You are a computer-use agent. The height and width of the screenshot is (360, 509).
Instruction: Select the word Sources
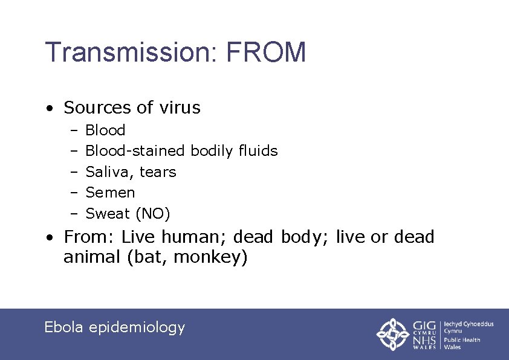tap(97, 108)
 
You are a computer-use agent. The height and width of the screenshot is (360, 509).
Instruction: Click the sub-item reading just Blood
tap(105, 130)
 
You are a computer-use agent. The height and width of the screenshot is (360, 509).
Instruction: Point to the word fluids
tap(258, 151)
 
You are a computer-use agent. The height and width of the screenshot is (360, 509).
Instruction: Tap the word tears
tap(158, 172)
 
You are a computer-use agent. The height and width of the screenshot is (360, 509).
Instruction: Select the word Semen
tap(110, 193)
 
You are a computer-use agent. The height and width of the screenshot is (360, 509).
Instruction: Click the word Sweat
tap(108, 214)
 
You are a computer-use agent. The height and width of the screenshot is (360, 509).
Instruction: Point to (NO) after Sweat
tap(153, 214)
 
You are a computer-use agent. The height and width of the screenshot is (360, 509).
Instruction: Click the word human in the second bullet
tap(196, 237)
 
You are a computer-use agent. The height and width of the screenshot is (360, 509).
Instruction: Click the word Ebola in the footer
tap(64, 327)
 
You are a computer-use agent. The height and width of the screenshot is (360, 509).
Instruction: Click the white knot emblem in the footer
tap(394, 334)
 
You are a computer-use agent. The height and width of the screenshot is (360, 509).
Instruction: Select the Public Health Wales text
tap(462, 343)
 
